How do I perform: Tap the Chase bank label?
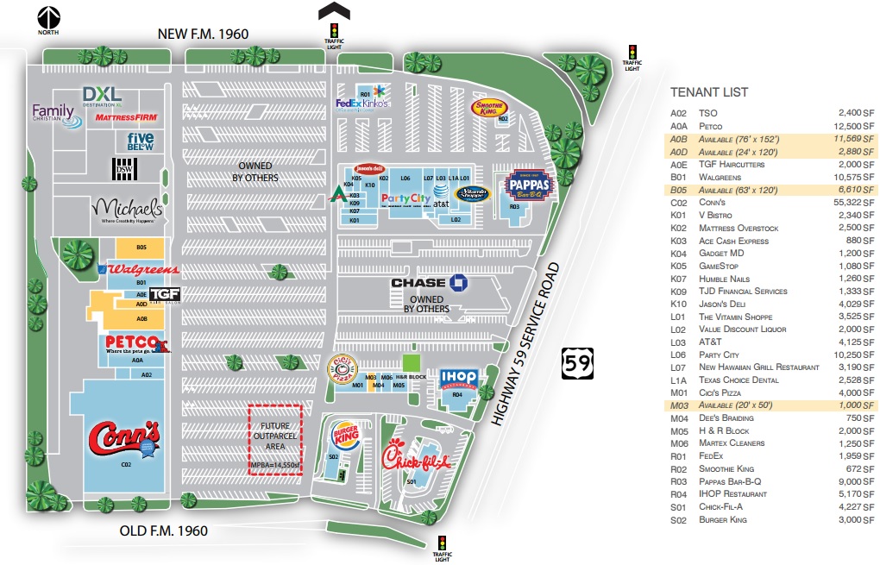point(429,283)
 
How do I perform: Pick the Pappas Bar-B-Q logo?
point(527,185)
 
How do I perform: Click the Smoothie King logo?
point(488,107)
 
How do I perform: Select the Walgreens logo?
point(142,269)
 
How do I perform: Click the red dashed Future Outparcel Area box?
point(275,439)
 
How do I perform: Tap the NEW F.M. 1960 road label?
point(203,34)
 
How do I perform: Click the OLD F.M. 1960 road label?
point(163,530)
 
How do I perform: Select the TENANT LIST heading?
point(709,92)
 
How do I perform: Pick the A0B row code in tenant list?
point(679,138)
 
